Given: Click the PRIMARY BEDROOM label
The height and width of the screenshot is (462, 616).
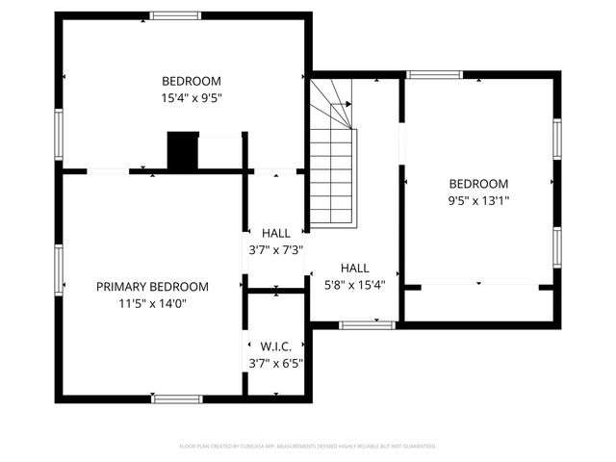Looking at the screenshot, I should click(152, 287).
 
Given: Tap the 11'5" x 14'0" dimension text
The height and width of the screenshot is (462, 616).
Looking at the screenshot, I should click(152, 303).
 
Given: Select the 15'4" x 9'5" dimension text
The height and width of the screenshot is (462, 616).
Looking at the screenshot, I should click(191, 97).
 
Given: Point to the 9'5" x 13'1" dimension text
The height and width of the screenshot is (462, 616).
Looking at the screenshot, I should click(478, 200).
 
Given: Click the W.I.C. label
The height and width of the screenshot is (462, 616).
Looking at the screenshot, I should click(275, 346).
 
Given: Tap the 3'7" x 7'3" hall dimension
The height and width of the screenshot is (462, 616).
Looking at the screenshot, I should click(275, 249).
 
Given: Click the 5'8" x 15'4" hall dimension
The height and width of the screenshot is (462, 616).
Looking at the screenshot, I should click(354, 284).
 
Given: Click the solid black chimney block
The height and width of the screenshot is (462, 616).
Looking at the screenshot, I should click(183, 151).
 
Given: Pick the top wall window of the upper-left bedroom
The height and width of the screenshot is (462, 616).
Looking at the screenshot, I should click(176, 15).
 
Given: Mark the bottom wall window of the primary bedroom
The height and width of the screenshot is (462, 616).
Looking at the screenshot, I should click(177, 398).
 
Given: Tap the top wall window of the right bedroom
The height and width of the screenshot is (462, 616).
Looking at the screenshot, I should click(434, 74).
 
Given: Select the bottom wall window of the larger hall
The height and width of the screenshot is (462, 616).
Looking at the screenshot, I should click(368, 325).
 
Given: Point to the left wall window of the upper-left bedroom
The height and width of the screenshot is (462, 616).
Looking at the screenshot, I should click(59, 135).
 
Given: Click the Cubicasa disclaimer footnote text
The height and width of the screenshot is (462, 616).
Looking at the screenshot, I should click(308, 447).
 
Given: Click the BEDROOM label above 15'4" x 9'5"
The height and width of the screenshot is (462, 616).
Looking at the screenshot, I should click(191, 81).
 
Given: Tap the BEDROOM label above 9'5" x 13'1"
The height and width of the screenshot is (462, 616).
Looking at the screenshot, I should click(478, 184).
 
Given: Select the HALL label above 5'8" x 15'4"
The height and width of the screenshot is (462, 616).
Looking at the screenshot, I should click(354, 269).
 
